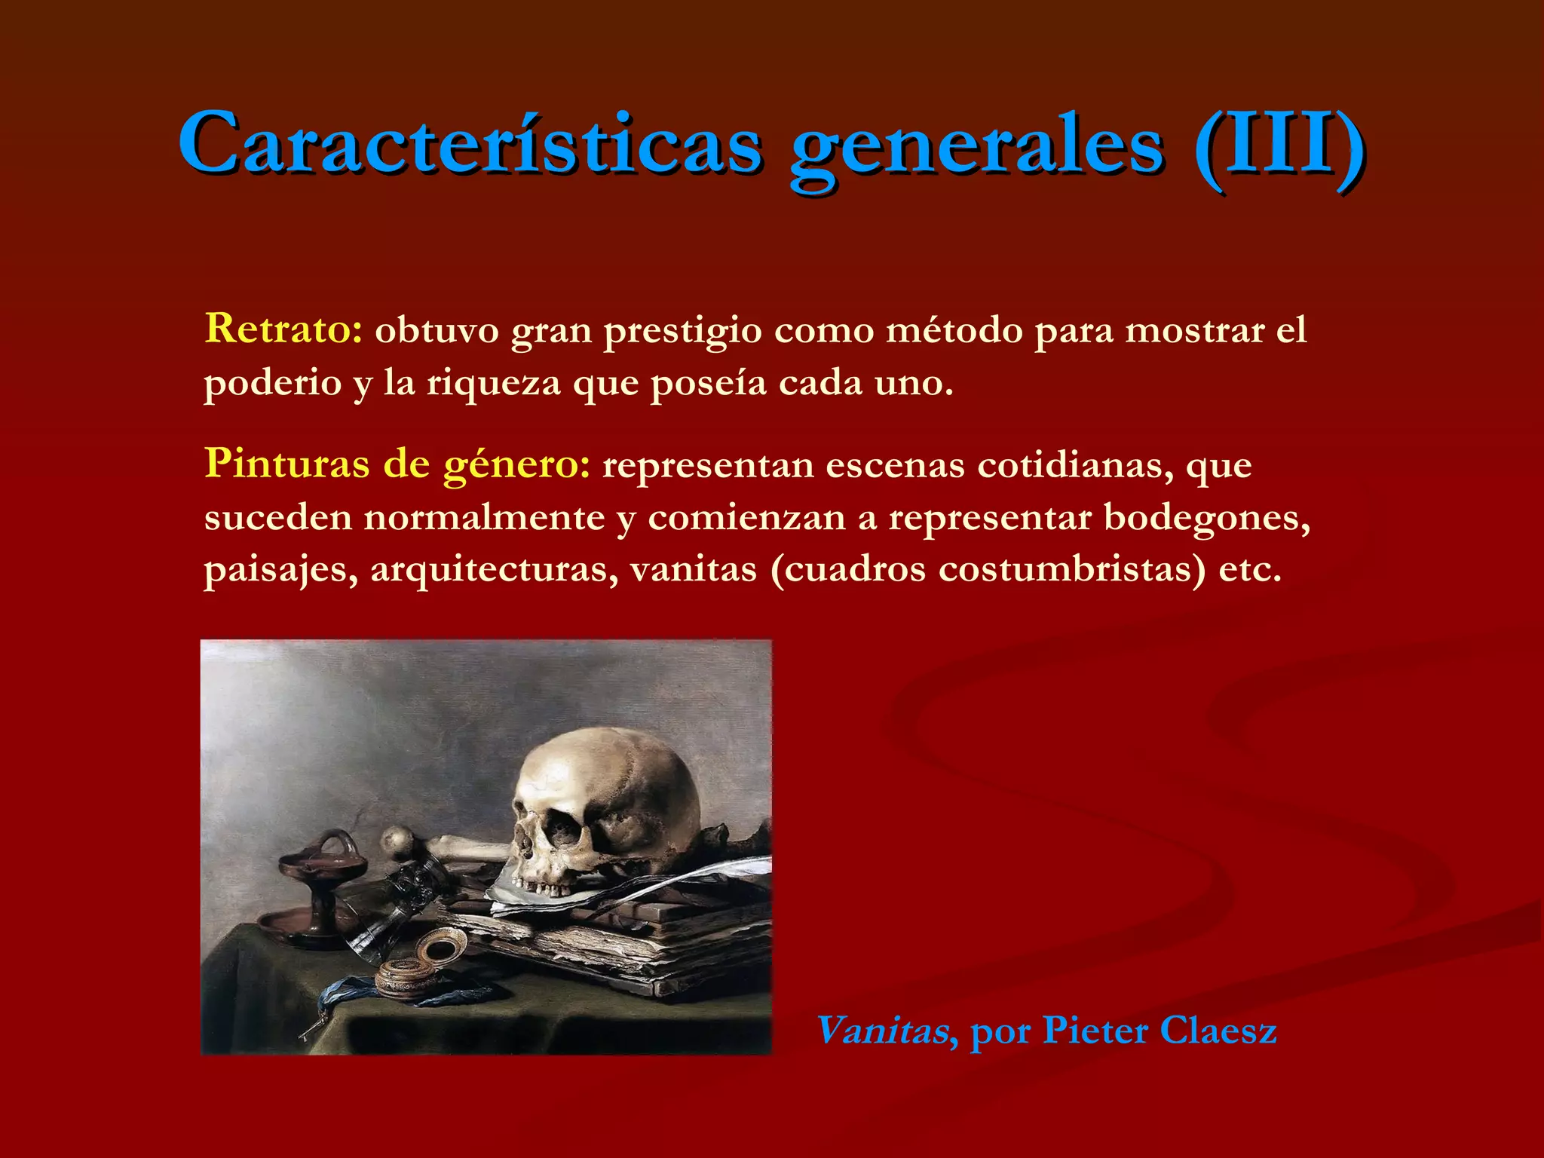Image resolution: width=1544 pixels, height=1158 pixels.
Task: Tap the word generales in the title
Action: coord(976,147)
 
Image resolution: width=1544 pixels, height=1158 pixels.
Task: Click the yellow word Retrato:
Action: coord(283,329)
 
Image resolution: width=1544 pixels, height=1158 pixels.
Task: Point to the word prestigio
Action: coord(682,332)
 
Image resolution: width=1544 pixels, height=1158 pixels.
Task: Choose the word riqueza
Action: coord(494,383)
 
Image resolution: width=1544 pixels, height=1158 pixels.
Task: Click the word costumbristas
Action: coord(1071,568)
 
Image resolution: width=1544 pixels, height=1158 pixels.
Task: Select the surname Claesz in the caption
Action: coord(1218,1030)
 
